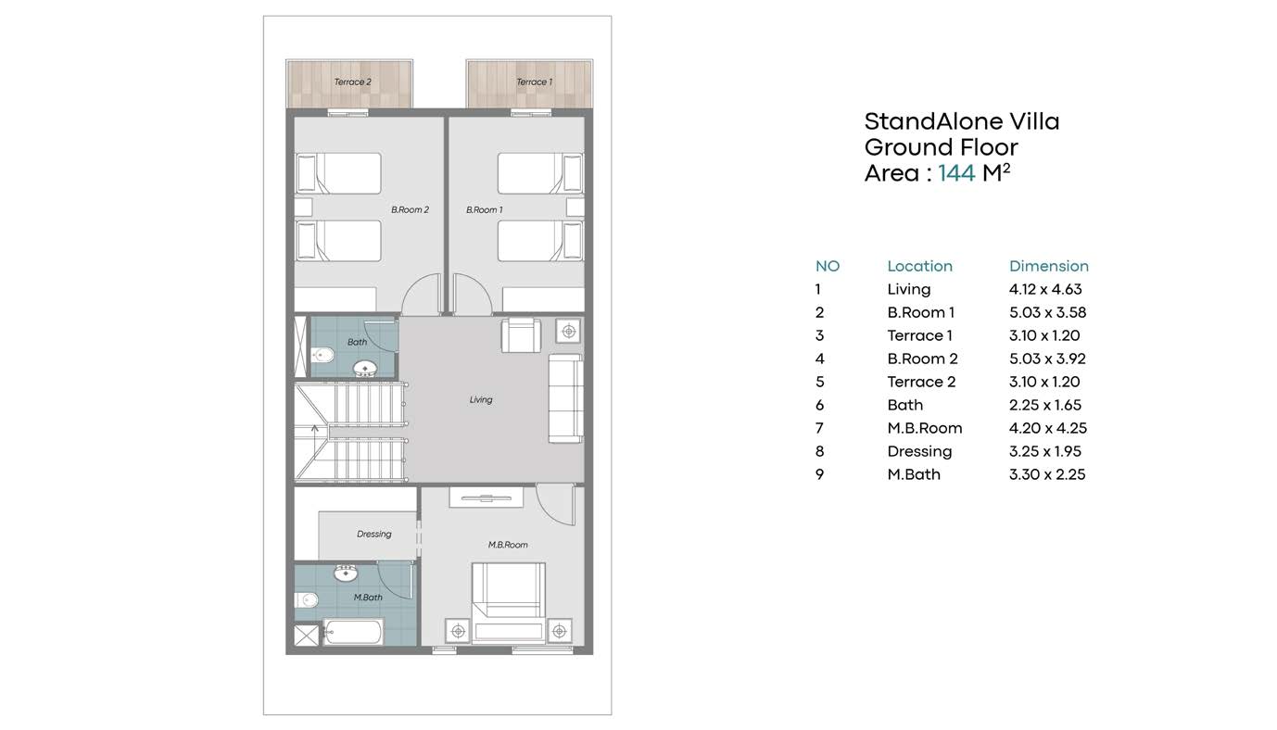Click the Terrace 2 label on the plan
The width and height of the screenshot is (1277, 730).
[352, 82]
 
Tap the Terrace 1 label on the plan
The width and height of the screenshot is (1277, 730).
[534, 82]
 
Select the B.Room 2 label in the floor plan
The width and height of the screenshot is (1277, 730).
[410, 209]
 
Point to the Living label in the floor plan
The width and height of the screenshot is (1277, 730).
[481, 399]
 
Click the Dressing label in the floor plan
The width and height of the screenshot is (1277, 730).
[374, 534]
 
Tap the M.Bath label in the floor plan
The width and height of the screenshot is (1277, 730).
[368, 598]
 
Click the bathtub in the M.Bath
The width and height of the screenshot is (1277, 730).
[353, 632]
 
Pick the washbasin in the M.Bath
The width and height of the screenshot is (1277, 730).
[346, 573]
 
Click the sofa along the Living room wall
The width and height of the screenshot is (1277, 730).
[565, 398]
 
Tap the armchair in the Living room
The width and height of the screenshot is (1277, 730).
[521, 335]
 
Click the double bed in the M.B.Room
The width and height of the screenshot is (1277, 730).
[509, 602]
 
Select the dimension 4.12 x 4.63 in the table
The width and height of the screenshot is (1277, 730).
[1045, 289]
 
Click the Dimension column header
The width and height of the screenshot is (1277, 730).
[1048, 266]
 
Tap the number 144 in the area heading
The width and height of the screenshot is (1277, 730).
[956, 173]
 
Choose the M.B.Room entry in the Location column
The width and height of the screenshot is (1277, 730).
[924, 428]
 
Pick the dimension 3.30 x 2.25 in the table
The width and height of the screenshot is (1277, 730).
[1046, 474]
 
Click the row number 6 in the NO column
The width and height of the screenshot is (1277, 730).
[820, 405]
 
